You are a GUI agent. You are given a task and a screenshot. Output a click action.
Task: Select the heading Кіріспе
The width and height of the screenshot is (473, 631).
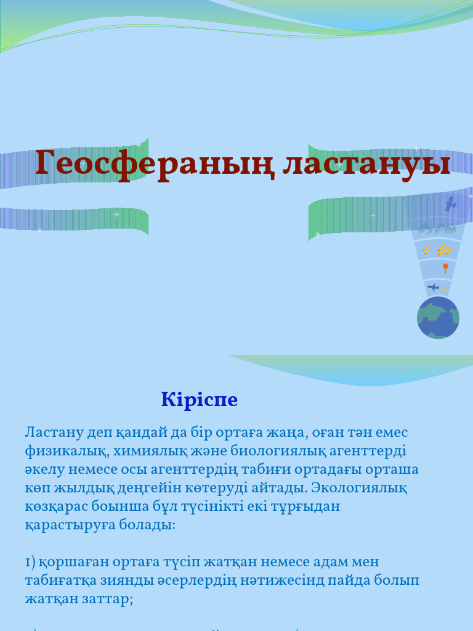tap(200, 400)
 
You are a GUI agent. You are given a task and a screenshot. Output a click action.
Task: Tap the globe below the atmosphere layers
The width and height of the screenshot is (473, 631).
tap(438, 318)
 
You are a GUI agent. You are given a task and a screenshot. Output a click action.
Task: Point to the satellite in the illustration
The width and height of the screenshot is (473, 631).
tap(451, 204)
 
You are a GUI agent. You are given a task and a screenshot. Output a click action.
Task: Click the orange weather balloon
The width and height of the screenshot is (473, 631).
tap(445, 267)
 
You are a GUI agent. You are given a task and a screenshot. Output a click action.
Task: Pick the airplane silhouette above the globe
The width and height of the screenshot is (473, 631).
tap(434, 287)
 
